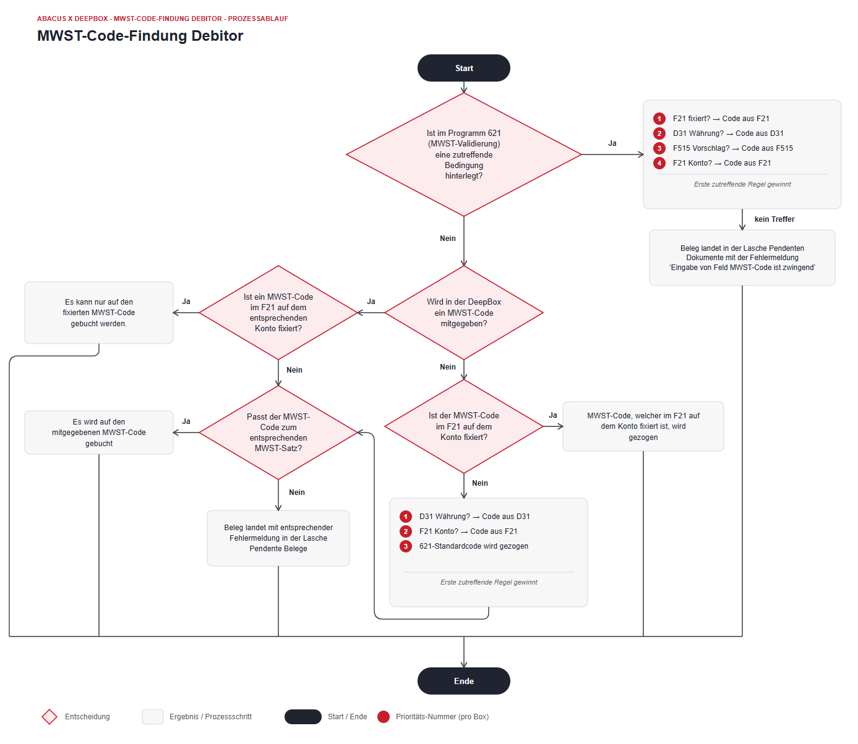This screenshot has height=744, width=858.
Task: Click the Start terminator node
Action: tap(463, 68)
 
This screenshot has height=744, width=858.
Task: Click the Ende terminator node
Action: tap(463, 681)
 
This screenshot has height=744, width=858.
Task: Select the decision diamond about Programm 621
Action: tap(463, 154)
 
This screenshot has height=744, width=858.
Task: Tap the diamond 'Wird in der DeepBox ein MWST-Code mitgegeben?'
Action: tap(463, 313)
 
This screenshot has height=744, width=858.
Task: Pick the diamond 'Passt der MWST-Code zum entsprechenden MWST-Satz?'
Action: tap(278, 433)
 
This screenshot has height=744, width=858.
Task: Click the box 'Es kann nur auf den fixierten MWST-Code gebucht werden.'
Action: tap(99, 313)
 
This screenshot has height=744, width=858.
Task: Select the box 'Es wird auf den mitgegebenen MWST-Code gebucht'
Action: tap(99, 433)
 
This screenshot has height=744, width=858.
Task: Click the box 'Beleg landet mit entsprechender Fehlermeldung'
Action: tap(278, 538)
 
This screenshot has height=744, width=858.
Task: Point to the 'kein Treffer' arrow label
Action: tap(774, 219)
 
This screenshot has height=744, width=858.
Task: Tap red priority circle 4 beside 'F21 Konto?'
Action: tap(659, 163)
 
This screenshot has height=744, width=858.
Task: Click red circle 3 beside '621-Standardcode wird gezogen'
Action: tap(406, 546)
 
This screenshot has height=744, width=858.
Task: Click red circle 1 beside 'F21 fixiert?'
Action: tap(659, 119)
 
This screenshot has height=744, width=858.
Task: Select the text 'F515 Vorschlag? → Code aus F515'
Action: tap(732, 148)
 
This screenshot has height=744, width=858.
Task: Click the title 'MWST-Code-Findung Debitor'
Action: tap(140, 36)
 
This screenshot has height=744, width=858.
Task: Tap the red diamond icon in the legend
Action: tap(49, 717)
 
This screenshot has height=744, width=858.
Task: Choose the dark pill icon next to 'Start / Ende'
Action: tap(302, 717)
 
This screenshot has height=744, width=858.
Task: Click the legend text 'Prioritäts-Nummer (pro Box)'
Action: tap(442, 717)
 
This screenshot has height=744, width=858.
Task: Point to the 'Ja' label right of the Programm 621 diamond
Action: tap(612, 143)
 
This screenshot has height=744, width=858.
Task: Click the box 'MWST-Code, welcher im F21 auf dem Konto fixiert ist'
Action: tap(643, 426)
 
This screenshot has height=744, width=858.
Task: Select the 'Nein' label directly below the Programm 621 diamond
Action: tap(447, 239)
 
